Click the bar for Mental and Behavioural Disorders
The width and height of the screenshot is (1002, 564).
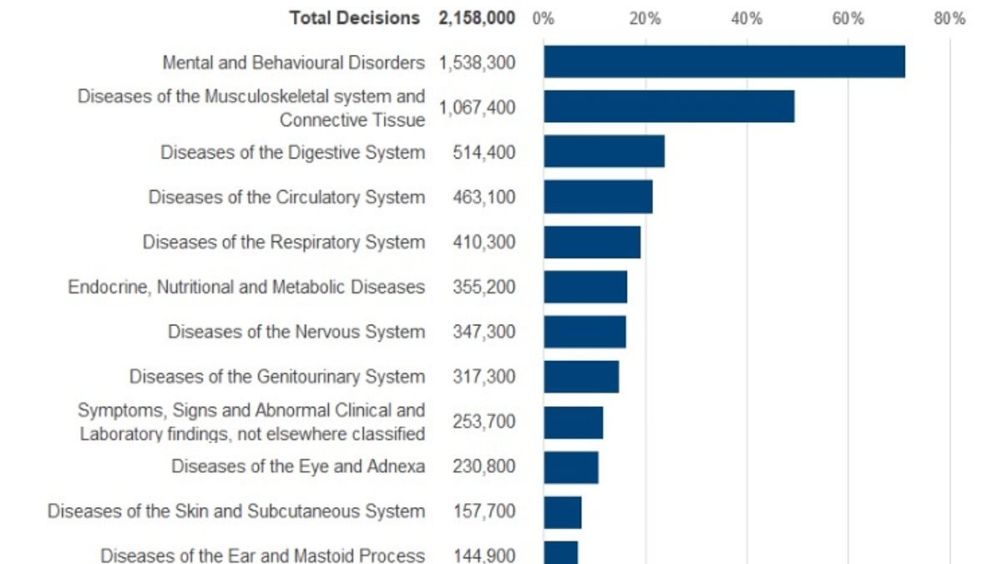pyautogui.click(x=724, y=62)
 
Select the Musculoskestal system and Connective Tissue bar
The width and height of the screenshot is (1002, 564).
pyautogui.click(x=669, y=107)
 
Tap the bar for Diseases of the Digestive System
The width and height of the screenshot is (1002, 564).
pyautogui.click(x=604, y=152)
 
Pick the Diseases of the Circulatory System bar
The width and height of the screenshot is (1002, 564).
pyautogui.click(x=598, y=197)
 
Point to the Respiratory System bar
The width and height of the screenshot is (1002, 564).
pyautogui.click(x=592, y=242)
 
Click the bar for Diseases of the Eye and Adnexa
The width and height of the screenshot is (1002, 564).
pyautogui.click(x=571, y=466)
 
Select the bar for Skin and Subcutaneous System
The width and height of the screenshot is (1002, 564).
pyautogui.click(x=563, y=511)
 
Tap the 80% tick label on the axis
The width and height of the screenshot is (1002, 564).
pyautogui.click(x=949, y=18)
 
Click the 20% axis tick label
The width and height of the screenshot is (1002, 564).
pyautogui.click(x=645, y=18)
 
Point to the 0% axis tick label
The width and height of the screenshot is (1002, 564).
pyautogui.click(x=544, y=18)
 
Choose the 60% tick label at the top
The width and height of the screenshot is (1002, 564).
pyautogui.click(x=848, y=18)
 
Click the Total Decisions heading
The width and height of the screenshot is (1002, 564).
pyautogui.click(x=355, y=18)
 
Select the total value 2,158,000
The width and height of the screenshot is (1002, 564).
pyautogui.click(x=477, y=18)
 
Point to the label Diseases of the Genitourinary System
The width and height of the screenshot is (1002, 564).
pyautogui.click(x=276, y=377)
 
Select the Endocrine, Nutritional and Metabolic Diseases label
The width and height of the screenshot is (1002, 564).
pyautogui.click(x=246, y=287)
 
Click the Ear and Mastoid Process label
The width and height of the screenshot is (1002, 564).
pyautogui.click(x=262, y=555)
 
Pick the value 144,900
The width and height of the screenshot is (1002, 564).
pyautogui.click(x=484, y=556)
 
